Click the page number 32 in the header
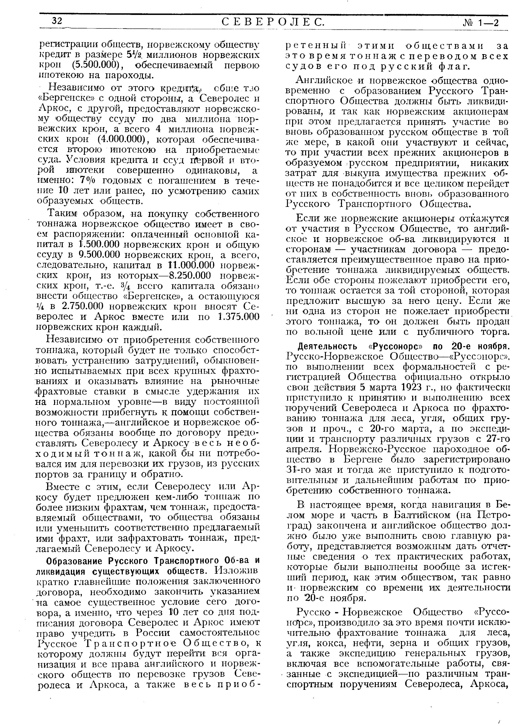click(57, 21)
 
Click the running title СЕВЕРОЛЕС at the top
click(273, 22)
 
